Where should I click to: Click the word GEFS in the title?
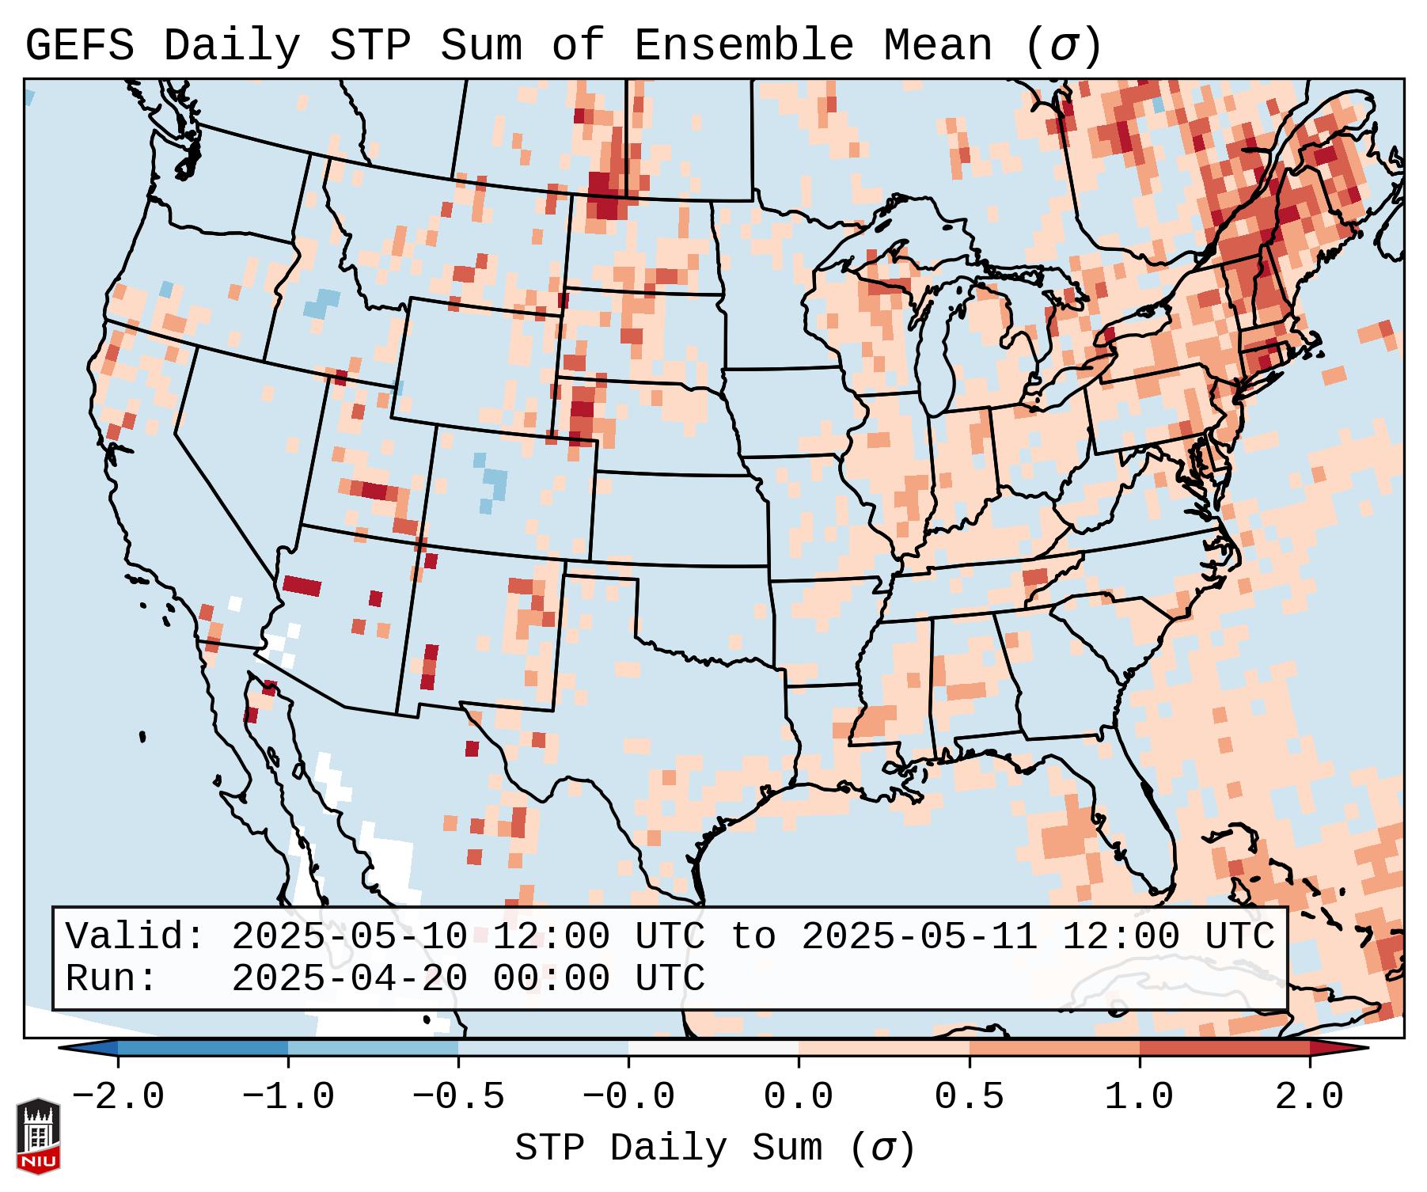click(x=79, y=46)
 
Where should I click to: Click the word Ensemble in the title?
click(x=743, y=46)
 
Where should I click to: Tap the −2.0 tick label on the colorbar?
click(x=118, y=1097)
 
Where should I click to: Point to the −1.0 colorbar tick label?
click(x=288, y=1097)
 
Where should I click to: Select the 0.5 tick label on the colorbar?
click(x=969, y=1097)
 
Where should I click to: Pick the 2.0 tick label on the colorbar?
click(x=1309, y=1097)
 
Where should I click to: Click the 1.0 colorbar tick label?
click(x=1139, y=1097)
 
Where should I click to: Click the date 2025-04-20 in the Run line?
click(x=349, y=979)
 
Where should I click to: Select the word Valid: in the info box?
click(x=135, y=937)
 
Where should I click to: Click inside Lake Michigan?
click(x=945, y=348)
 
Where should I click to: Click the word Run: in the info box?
click(x=111, y=979)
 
